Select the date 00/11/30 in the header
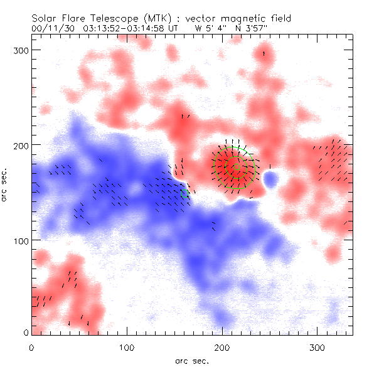51,28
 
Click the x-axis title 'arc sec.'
192,360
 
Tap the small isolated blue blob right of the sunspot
271,181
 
